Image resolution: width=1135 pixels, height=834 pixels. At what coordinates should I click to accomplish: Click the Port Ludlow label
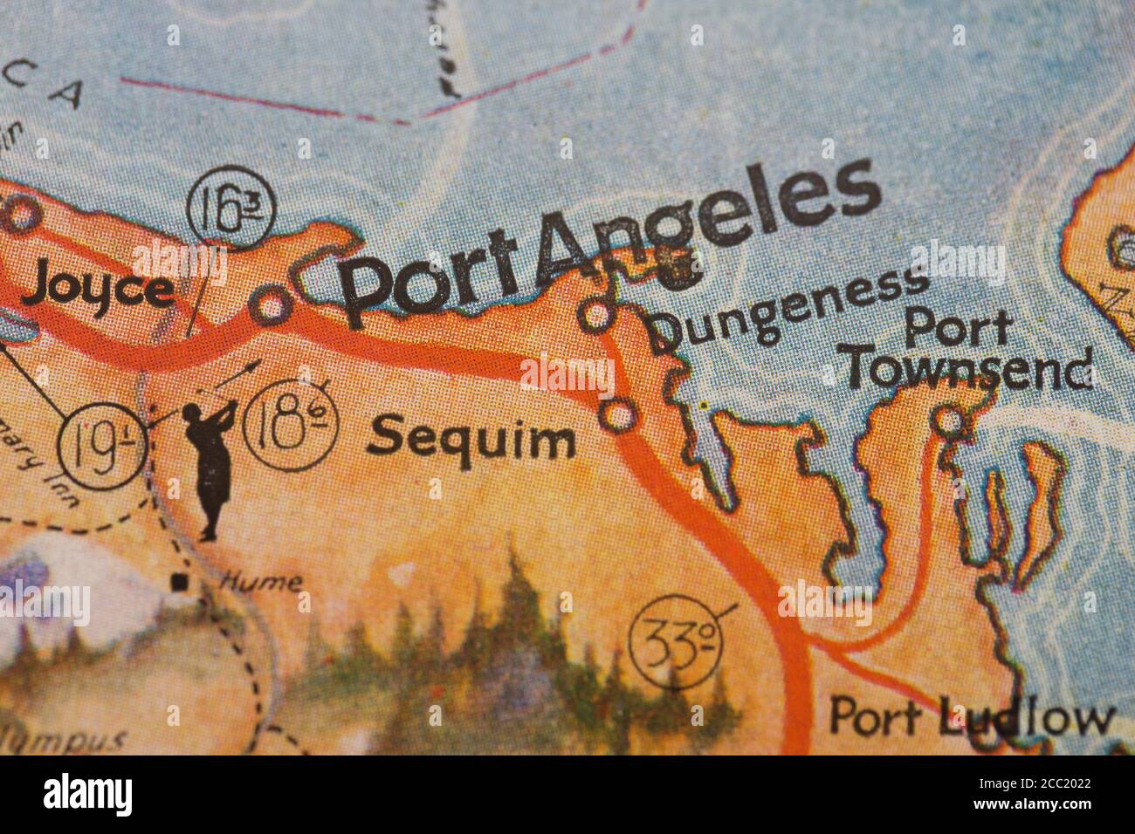(x=971, y=718)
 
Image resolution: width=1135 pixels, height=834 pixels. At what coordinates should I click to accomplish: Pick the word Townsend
(x=969, y=371)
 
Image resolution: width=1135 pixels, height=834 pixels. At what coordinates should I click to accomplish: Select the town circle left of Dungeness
(x=597, y=315)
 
